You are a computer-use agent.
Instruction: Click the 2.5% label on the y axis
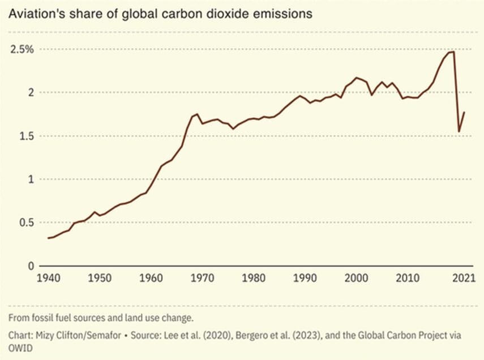pos(22,49)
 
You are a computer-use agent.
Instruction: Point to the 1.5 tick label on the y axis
pos(27,136)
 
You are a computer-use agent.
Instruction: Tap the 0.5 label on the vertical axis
pos(27,222)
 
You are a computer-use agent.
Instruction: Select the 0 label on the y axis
pos(31,266)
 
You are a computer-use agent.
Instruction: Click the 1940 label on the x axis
pos(49,278)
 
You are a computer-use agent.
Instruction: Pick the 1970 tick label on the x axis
pos(202,278)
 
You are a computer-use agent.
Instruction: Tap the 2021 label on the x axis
pos(464,278)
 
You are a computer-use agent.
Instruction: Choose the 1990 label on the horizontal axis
pos(305,278)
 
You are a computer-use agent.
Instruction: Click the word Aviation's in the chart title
pos(37,14)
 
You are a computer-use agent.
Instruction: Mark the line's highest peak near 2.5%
pos(453,52)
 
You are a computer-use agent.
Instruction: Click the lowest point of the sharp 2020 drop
pos(459,132)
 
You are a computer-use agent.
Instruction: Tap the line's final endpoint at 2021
pos(464,112)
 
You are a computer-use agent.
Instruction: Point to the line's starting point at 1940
pos(48,238)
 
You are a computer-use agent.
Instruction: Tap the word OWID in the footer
pos(20,348)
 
